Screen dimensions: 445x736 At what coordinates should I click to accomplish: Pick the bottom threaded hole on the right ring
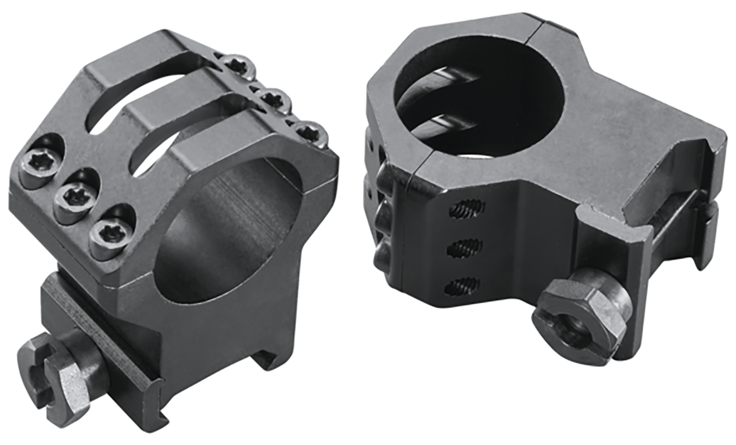(463, 286)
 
